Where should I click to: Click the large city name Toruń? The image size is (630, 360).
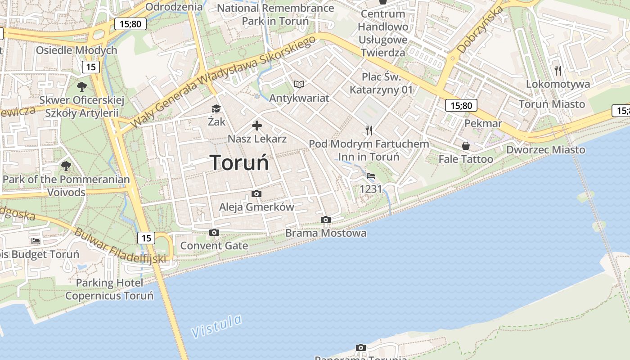[239, 162]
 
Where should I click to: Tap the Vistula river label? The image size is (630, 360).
[216, 326]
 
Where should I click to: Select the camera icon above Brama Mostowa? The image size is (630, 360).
[326, 220]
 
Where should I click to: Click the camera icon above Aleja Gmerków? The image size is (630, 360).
[256, 194]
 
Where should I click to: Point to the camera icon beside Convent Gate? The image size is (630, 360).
[214, 233]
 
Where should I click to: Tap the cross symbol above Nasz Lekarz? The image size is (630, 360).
[257, 126]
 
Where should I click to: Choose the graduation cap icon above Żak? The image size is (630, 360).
[216, 109]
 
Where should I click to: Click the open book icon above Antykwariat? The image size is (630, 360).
[299, 84]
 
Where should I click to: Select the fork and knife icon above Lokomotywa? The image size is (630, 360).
[558, 70]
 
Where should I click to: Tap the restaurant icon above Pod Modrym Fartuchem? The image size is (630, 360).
[369, 130]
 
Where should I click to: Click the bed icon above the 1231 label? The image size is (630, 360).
[371, 176]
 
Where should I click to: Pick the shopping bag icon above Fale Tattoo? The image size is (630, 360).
[466, 146]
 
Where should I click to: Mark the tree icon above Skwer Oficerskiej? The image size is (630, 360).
[81, 86]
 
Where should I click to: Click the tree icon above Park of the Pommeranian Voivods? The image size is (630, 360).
[66, 166]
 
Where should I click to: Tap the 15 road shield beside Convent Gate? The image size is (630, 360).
[146, 238]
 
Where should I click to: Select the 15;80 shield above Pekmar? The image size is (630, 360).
[461, 106]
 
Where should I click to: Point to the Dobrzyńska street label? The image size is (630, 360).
[480, 31]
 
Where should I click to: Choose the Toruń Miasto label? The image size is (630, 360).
[552, 104]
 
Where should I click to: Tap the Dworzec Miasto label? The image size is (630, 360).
[546, 149]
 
